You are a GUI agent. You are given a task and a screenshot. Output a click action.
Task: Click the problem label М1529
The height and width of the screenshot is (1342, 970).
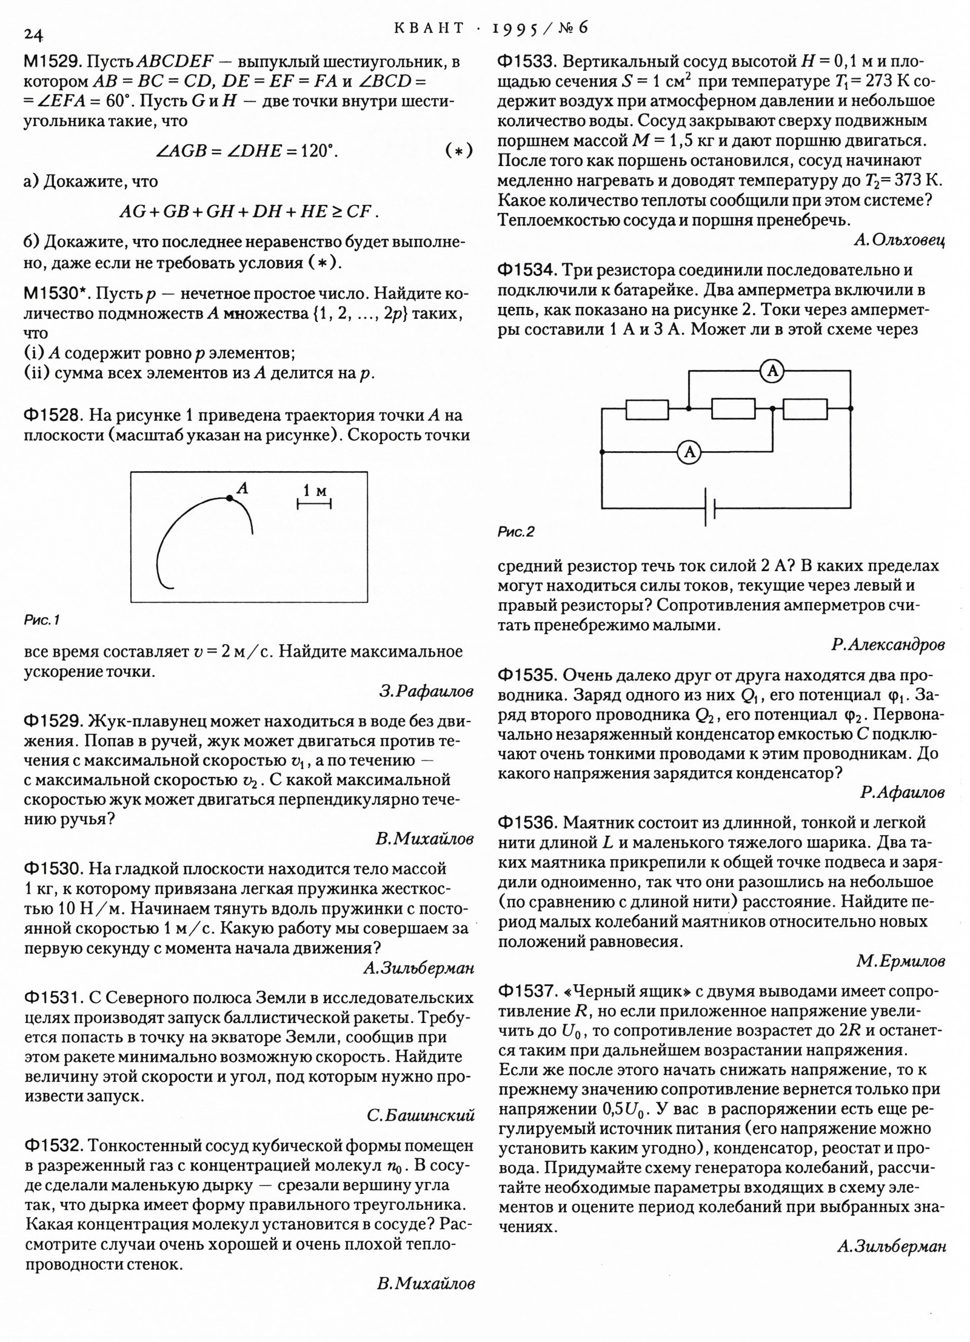(x=52, y=62)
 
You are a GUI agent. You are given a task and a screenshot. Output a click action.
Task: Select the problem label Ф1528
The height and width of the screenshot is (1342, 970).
(x=52, y=415)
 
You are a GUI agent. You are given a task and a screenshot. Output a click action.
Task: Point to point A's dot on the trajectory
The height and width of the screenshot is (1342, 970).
(x=229, y=498)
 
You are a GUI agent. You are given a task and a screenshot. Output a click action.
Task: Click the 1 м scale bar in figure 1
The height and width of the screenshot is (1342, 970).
(x=314, y=503)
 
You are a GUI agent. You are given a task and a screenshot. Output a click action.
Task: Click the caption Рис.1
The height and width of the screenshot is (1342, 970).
(x=41, y=620)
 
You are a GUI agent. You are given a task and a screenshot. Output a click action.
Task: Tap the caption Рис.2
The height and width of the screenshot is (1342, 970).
(x=516, y=532)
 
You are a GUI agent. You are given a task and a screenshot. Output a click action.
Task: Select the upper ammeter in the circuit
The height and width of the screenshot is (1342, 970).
(x=772, y=371)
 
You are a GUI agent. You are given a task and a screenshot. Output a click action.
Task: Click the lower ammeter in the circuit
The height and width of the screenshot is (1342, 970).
(x=689, y=452)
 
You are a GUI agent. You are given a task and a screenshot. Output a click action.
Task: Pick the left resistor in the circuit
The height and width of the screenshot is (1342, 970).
(x=647, y=409)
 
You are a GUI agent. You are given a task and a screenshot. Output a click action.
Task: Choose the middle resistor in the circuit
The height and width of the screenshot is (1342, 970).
(x=733, y=409)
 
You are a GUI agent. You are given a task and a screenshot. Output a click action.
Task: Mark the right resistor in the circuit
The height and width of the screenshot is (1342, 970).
(x=805, y=409)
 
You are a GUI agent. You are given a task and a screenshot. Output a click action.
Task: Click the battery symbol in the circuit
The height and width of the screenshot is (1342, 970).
(x=710, y=508)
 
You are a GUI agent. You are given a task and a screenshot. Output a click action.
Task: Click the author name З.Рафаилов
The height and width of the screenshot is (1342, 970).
(x=426, y=691)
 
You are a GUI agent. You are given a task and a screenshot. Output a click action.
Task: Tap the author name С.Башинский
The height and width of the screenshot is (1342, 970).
(x=421, y=1116)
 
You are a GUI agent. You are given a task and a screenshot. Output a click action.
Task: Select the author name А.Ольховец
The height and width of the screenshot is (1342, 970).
(x=898, y=241)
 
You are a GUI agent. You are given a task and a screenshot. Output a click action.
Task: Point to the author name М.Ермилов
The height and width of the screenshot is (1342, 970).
(x=900, y=961)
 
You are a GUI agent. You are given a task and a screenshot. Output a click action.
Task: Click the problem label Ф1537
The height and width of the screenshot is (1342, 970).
(x=527, y=991)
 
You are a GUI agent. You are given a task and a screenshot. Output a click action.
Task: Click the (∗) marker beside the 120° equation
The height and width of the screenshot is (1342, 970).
(x=458, y=150)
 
